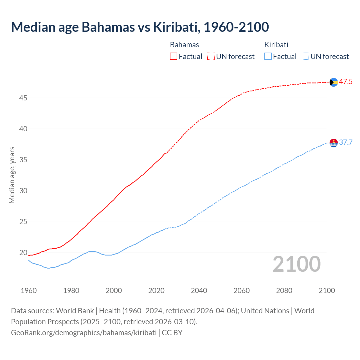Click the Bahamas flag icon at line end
pyautogui.click(x=334, y=82)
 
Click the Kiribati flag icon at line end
pyautogui.click(x=334, y=143)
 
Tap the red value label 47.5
pyautogui.click(x=346, y=82)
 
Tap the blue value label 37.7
pyautogui.click(x=346, y=143)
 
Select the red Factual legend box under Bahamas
pyautogui.click(x=174, y=57)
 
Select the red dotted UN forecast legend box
pyautogui.click(x=211, y=57)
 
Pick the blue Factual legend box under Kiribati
pyautogui.click(x=268, y=57)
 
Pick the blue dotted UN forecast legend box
pyautogui.click(x=305, y=57)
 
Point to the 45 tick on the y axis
pyautogui.click(x=23, y=98)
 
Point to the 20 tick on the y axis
pyautogui.click(x=23, y=253)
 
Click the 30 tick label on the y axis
pyautogui.click(x=23, y=191)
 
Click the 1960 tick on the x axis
pyautogui.click(x=29, y=291)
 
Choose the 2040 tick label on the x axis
pyautogui.click(x=199, y=291)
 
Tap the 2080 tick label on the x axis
pyautogui.click(x=284, y=291)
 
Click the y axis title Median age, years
pyautogui.click(x=12, y=175)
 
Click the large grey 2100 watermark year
pyautogui.click(x=296, y=264)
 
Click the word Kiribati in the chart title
pyautogui.click(x=176, y=27)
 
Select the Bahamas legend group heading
pyautogui.click(x=184, y=45)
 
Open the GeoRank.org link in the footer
pyautogui.click(x=84, y=333)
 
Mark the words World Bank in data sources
pyautogui.click(x=75, y=311)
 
